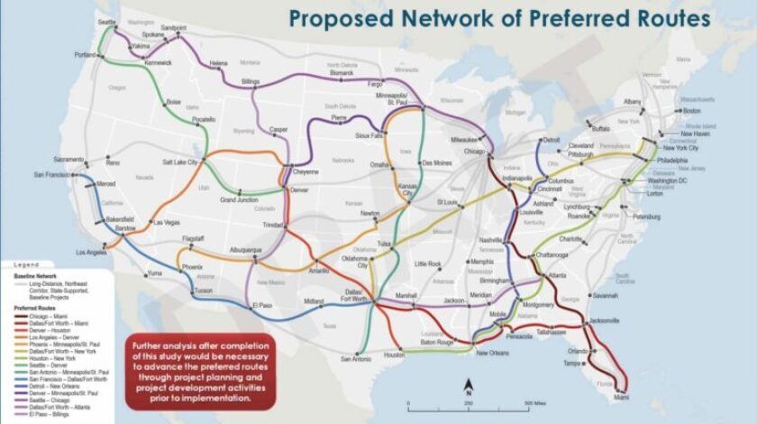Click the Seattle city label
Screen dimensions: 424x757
click(107, 21)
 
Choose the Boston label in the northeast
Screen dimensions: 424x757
click(692, 110)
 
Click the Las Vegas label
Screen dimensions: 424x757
click(167, 222)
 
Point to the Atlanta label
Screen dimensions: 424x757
click(557, 274)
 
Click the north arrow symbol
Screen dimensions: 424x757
click(469, 389)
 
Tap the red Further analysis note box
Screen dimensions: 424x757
click(200, 373)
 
